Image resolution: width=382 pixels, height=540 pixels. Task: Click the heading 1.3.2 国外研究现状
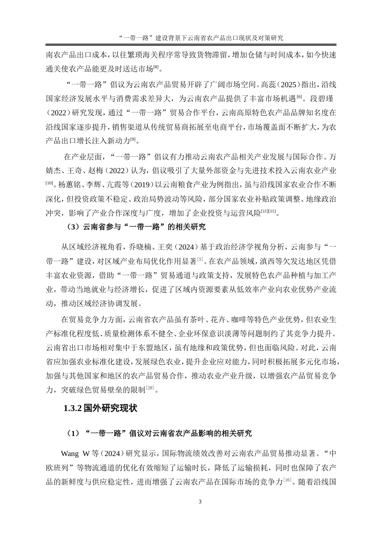pyautogui.click(x=101, y=409)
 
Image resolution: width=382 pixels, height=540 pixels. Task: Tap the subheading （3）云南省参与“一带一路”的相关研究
pyautogui.click(x=136, y=227)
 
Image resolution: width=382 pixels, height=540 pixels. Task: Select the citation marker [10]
pyautogui.click(x=49, y=183)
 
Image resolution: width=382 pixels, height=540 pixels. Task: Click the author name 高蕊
pyautogui.click(x=267, y=85)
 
